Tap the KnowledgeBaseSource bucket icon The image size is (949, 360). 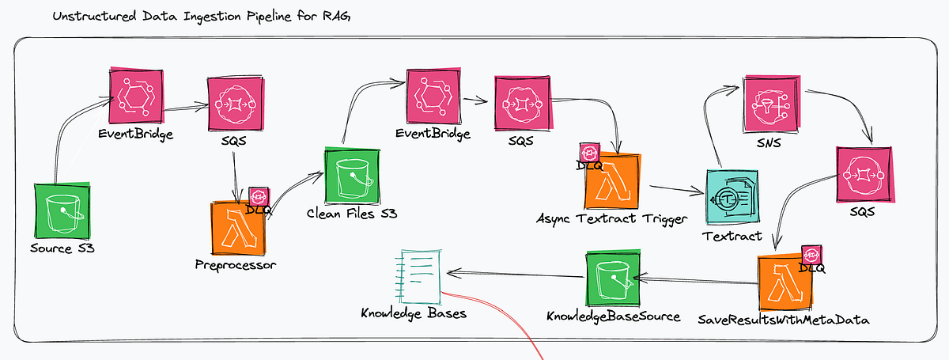613,279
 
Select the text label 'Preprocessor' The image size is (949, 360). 236,266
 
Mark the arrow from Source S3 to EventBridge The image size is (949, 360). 67,135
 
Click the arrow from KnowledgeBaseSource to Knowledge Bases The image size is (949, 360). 514,275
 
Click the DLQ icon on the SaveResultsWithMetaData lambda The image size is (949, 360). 813,256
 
